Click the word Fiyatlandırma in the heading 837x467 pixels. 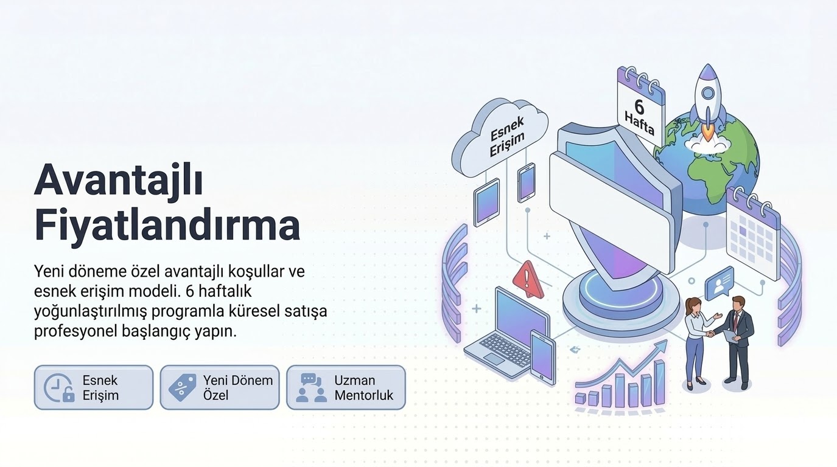pyautogui.click(x=167, y=226)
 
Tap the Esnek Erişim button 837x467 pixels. pyautogui.click(x=94, y=387)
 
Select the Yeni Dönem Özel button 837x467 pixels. pyautogui.click(x=220, y=387)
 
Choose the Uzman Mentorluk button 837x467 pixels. pyautogui.click(x=346, y=387)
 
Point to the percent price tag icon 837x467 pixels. pyautogui.click(x=183, y=387)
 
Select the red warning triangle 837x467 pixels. pyautogui.click(x=528, y=279)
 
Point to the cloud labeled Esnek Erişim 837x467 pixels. pyautogui.click(x=500, y=138)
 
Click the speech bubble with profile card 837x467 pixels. pyautogui.click(x=720, y=283)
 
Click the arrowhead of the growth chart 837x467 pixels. pyautogui.click(x=662, y=345)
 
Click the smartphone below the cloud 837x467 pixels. pyautogui.click(x=526, y=183)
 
